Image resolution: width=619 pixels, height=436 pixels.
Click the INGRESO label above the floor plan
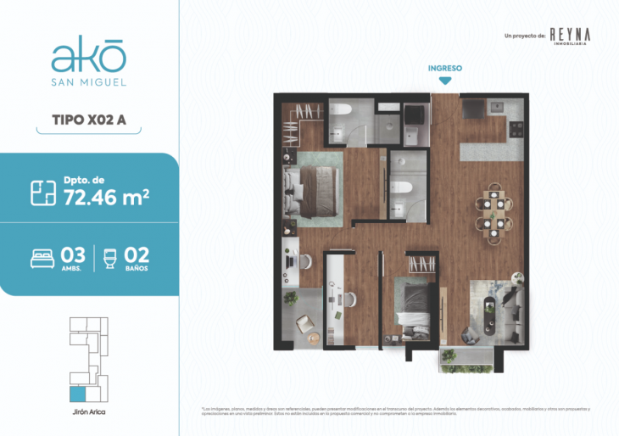(x=444, y=67)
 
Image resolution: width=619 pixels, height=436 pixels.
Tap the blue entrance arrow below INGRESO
(x=444, y=81)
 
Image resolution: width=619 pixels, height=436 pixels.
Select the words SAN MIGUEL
(x=88, y=83)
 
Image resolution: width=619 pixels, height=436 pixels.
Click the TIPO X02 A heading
(x=89, y=120)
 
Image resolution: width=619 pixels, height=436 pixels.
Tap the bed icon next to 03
(x=42, y=257)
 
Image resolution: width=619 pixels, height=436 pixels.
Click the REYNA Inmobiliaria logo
(x=569, y=36)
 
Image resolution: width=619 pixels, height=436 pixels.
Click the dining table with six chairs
(x=494, y=213)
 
